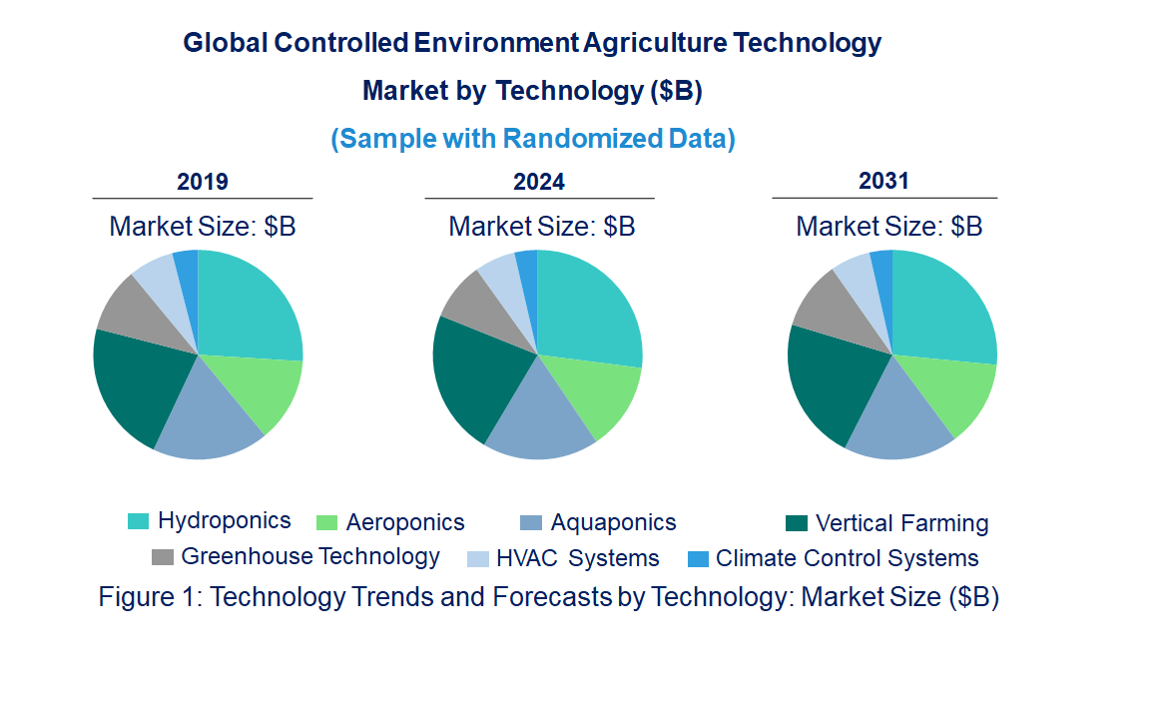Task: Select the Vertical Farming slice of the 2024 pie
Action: pyautogui.click(x=474, y=379)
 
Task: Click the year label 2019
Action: pyautogui.click(x=203, y=182)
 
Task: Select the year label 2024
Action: pyautogui.click(x=539, y=182)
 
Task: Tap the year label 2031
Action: pyautogui.click(x=884, y=181)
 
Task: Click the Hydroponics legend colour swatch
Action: pyautogui.click(x=138, y=521)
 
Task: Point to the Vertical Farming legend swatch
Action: pyautogui.click(x=796, y=523)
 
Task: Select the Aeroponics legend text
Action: pyautogui.click(x=405, y=522)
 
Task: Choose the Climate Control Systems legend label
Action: pyautogui.click(x=848, y=558)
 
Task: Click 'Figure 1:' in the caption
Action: pyautogui.click(x=151, y=597)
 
